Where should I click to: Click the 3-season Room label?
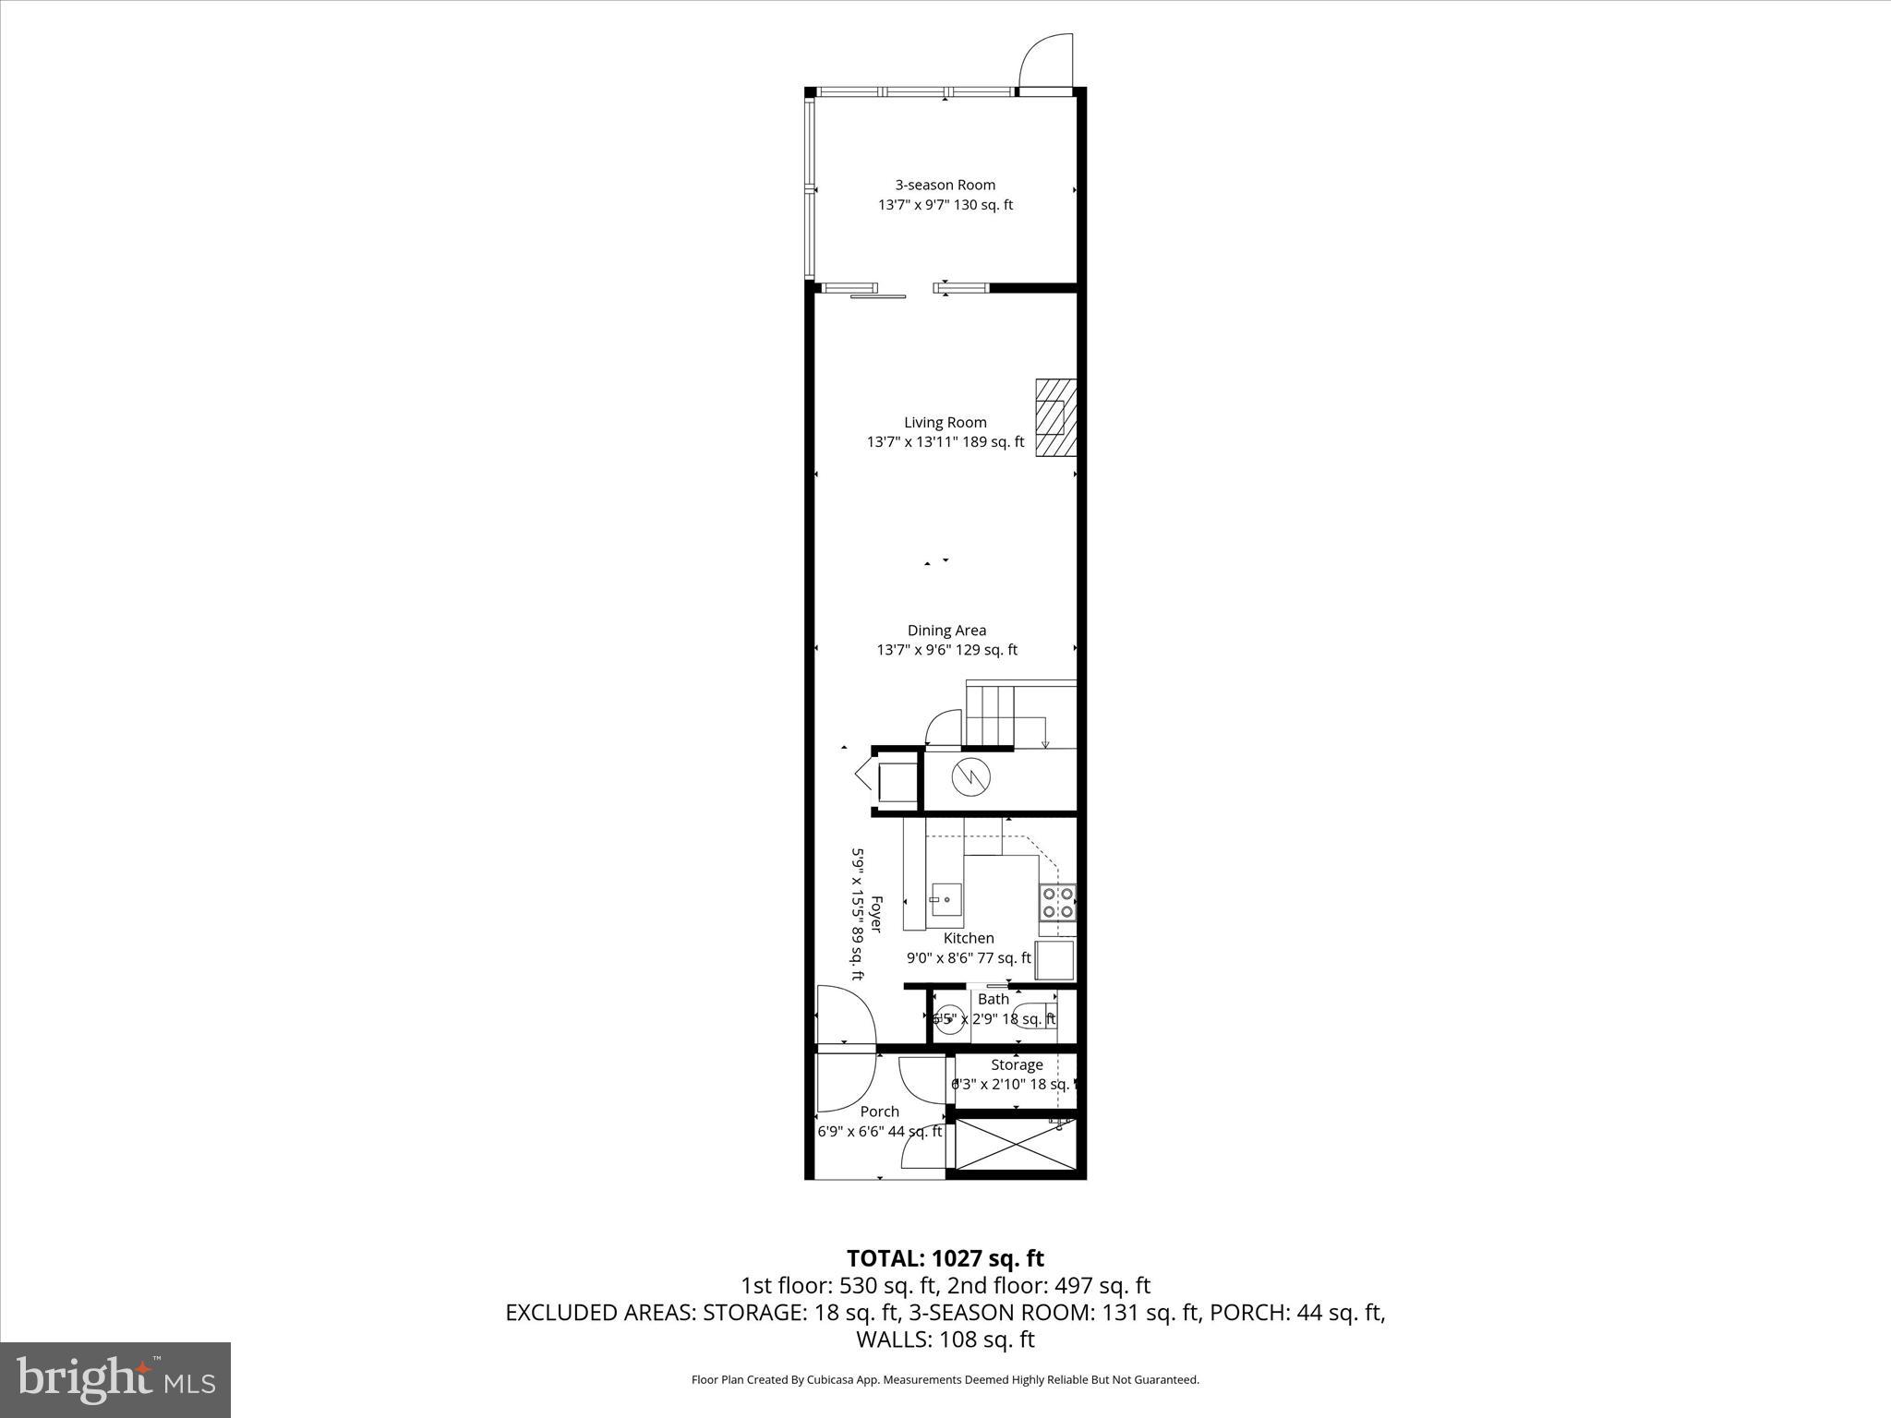[945, 186]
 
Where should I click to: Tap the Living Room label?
[945, 423]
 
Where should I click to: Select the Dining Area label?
[946, 631]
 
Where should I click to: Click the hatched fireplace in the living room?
[1055, 417]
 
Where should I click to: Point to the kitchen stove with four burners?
[1056, 902]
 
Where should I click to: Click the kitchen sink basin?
[945, 899]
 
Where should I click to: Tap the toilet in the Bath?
[1033, 1016]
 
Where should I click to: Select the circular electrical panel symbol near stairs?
[970, 776]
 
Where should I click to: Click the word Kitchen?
[969, 938]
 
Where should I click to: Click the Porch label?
[879, 1112]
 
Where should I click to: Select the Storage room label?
[1017, 1064]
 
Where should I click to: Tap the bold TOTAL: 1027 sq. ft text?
[945, 1258]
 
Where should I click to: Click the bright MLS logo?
[115, 1379]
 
